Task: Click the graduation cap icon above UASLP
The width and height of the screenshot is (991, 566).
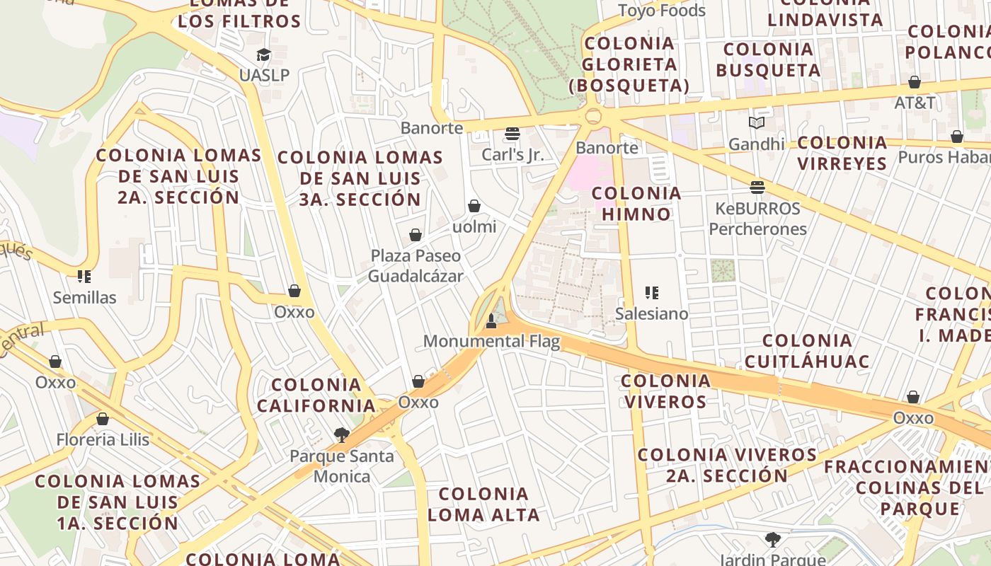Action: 263,55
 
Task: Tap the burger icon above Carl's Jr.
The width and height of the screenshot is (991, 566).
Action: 512,134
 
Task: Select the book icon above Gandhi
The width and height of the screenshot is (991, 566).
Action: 757,123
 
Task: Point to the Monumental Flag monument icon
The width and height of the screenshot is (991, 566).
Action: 491,322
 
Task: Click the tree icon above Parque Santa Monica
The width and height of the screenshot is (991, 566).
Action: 342,435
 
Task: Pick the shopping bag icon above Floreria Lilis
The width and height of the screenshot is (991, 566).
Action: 103,419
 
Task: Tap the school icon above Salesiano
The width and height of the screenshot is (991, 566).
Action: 652,292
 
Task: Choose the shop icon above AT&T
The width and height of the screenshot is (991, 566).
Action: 915,82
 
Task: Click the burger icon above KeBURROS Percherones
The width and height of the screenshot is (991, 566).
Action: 757,187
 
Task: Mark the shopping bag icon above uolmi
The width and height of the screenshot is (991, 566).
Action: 474,206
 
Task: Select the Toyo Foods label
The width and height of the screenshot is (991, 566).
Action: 662,11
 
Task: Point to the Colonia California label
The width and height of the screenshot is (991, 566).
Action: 316,395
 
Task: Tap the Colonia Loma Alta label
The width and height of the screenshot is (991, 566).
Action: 483,504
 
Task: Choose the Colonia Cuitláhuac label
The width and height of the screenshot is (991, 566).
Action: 807,351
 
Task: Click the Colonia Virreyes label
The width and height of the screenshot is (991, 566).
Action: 842,153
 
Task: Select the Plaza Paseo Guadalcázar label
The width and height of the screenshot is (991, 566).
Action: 416,265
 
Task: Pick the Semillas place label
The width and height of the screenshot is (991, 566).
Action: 84,297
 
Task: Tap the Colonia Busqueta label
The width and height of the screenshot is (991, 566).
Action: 768,59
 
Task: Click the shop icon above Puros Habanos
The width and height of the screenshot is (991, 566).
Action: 957,137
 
